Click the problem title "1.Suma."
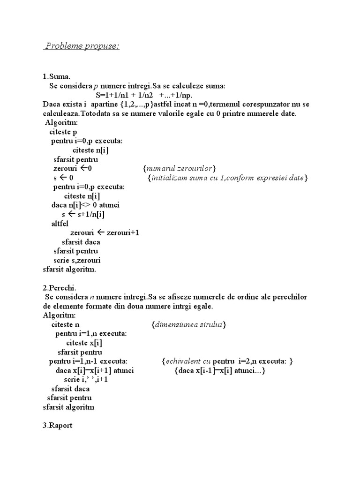pyautogui.click(x=57, y=77)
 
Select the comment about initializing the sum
pyautogui.click(x=227, y=178)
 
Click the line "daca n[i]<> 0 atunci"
pyautogui.click(x=85, y=205)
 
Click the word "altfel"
pyautogui.click(x=60, y=224)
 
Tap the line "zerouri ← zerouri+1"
pyautogui.click(x=105, y=232)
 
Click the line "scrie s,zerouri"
pyautogui.click(x=77, y=260)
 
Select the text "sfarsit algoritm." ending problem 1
pyautogui.click(x=69, y=269)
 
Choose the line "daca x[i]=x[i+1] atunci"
pyautogui.click(x=94, y=370)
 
